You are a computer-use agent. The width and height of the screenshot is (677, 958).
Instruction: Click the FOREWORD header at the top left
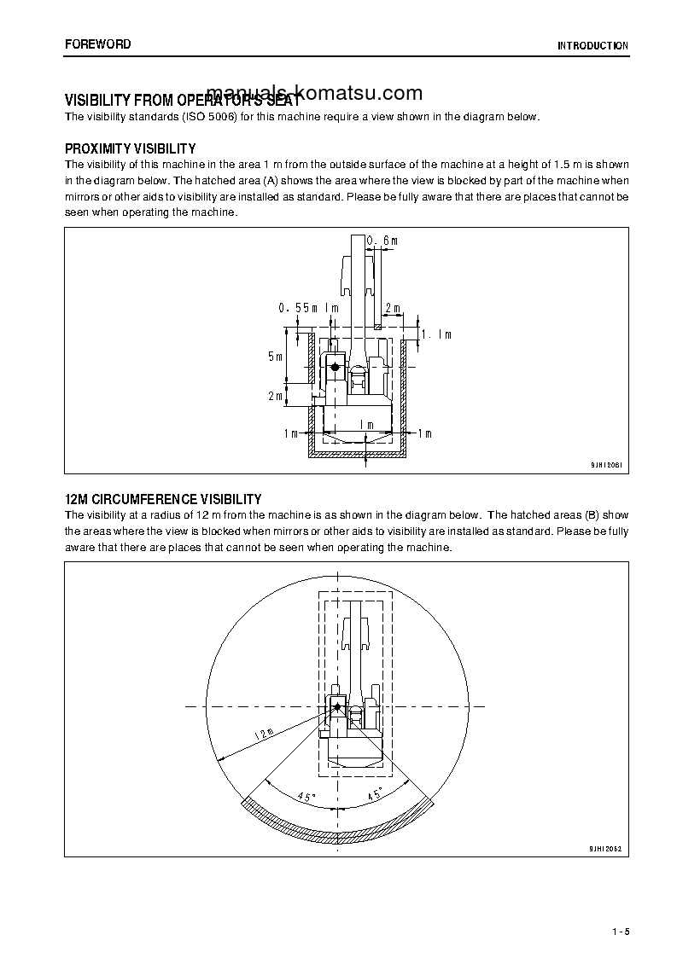98,44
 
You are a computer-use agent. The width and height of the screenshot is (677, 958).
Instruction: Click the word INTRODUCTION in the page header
592,45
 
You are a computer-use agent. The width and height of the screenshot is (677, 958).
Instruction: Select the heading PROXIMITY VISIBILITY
130,148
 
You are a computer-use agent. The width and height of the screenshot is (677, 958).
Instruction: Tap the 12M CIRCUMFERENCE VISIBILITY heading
163,499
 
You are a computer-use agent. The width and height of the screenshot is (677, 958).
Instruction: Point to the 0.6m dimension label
382,241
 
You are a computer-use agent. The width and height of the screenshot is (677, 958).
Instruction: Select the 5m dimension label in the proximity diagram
274,357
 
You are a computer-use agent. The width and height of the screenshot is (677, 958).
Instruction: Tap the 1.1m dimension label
437,335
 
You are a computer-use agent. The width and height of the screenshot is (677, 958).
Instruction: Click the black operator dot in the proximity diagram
336,367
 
